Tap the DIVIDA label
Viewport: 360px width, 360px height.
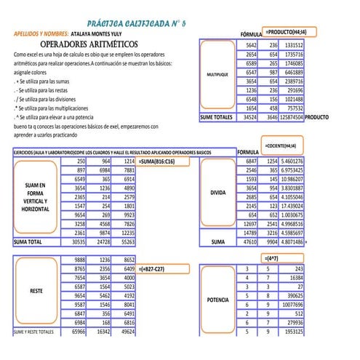217,194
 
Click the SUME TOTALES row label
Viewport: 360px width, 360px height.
217,116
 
